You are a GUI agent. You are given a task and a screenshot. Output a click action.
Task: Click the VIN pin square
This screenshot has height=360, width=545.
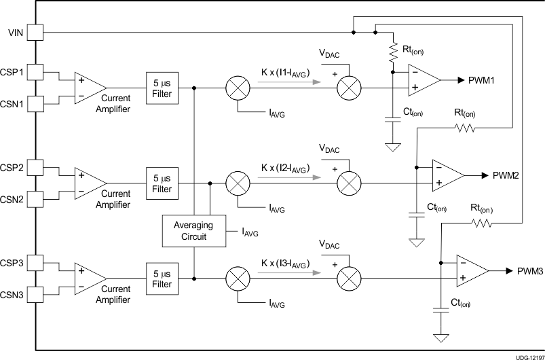tap(35, 32)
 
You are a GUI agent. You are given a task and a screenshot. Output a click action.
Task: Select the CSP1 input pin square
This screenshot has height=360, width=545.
tap(35, 71)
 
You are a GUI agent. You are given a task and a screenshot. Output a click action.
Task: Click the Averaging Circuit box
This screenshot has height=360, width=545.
tap(193, 231)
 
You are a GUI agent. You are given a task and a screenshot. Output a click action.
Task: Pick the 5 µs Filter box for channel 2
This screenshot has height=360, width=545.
tap(162, 183)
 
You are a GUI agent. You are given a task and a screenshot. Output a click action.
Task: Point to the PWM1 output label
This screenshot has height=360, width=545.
tap(481, 80)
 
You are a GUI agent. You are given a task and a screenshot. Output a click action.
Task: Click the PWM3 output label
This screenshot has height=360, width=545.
tap(530, 270)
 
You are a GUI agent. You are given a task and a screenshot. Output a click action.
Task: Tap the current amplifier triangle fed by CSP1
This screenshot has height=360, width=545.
tap(89, 87)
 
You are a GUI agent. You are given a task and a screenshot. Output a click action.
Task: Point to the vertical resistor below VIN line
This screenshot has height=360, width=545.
tap(392, 50)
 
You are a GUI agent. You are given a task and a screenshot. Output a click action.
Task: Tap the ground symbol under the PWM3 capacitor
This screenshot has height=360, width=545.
tap(441, 338)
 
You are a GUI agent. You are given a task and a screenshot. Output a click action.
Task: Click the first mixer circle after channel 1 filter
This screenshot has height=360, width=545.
tap(237, 88)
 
